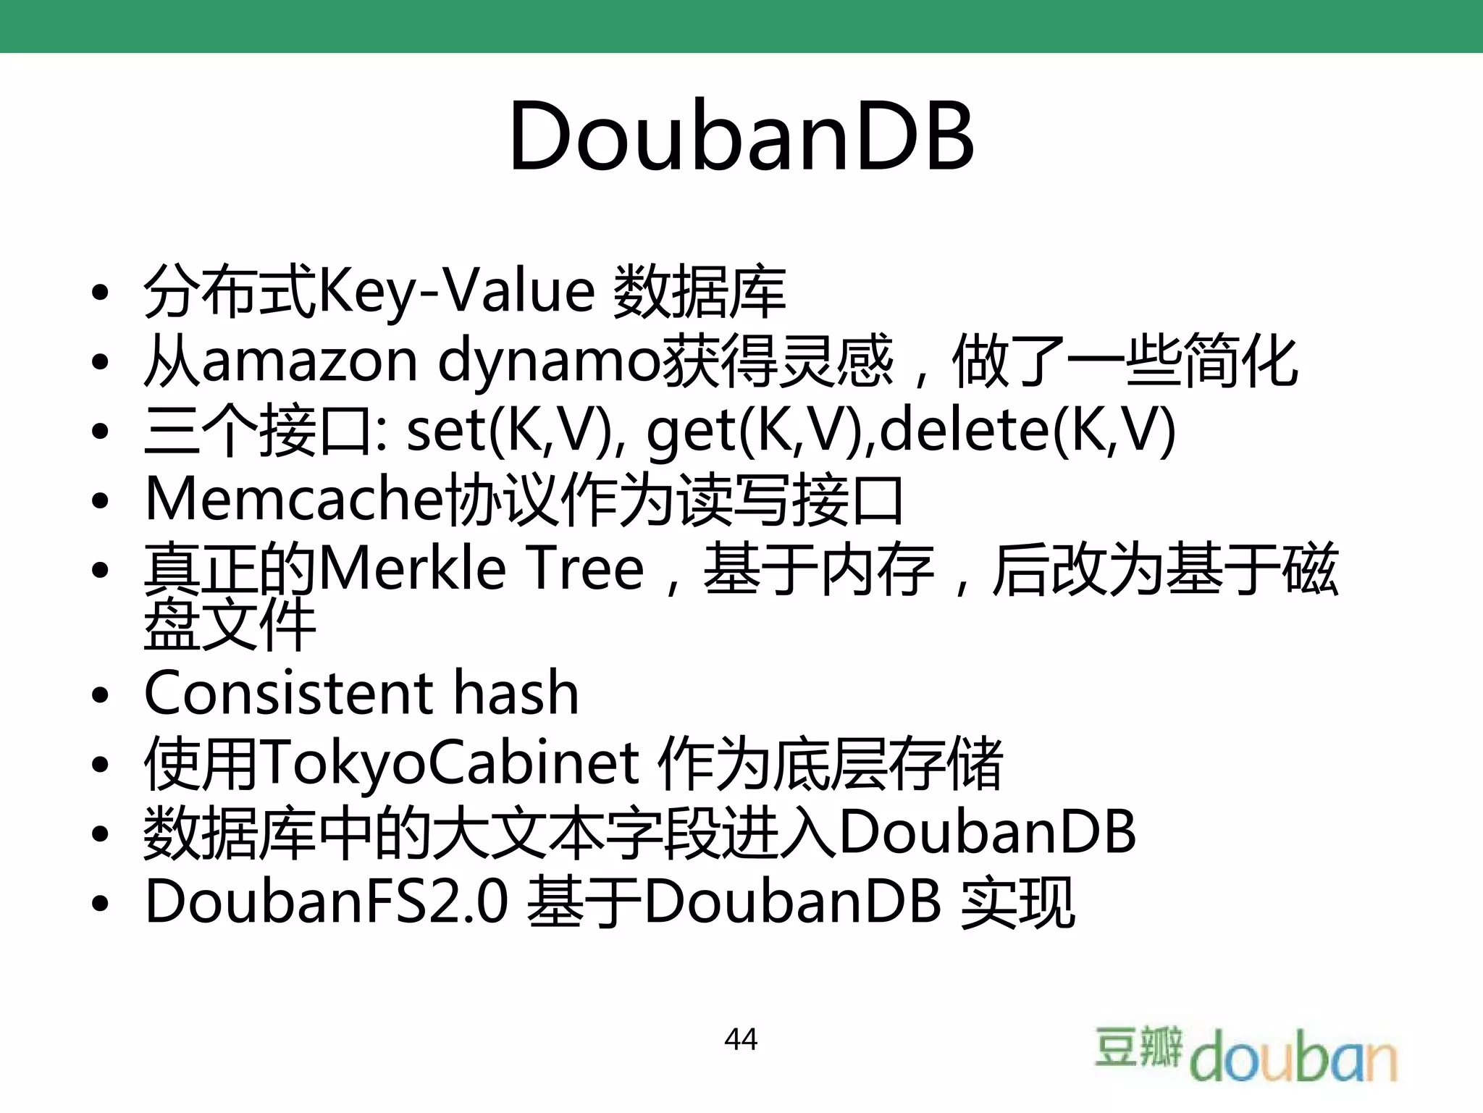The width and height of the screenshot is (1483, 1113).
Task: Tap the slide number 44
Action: [x=741, y=1039]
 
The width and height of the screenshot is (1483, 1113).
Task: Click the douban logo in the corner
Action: [x=1245, y=1054]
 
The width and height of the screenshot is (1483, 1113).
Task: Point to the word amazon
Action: [x=310, y=361]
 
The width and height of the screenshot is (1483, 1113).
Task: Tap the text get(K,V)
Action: [x=760, y=431]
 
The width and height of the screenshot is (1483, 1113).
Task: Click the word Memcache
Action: [x=293, y=500]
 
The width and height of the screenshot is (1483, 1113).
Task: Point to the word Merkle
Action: [x=413, y=569]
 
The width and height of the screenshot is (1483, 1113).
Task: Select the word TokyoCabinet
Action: [x=449, y=763]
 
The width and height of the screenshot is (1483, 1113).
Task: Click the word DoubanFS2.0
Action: [x=326, y=902]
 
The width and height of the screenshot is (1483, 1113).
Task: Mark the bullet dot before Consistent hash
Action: [x=100, y=695]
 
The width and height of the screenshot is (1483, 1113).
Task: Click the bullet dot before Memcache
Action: [x=100, y=501]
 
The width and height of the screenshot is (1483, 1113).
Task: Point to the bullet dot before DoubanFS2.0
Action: [x=100, y=904]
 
